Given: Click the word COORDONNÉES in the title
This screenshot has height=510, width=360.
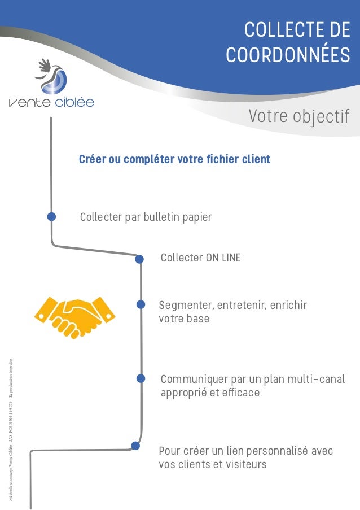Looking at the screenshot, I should coord(287,55).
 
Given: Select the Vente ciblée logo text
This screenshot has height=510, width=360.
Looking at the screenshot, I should coord(51,103).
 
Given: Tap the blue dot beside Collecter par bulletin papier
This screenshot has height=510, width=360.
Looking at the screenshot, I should coord(51,216).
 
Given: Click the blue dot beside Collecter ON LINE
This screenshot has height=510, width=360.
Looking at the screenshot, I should coord(140,259).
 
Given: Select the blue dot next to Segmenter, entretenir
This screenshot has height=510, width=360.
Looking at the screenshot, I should coord(141,304).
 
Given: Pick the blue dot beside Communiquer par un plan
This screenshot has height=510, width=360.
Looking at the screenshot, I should coord(141,378).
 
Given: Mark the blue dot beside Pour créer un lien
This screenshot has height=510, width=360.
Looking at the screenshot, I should coord(135,446).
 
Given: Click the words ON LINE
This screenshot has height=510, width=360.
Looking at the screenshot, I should coord(222,258).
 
